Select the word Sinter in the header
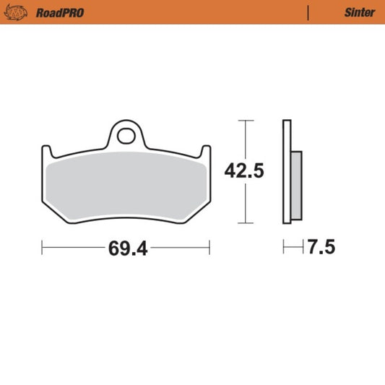click(x=359, y=12)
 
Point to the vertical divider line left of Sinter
click(x=309, y=12)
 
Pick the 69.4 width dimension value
click(x=128, y=248)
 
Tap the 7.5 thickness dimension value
click(x=321, y=248)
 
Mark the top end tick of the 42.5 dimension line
click(x=246, y=120)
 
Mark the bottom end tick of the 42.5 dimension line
click(x=246, y=223)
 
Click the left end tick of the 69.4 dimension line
click(x=43, y=248)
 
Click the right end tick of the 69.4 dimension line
click(x=209, y=248)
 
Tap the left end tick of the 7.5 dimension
click(x=283, y=248)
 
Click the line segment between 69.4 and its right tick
click(x=181, y=248)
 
